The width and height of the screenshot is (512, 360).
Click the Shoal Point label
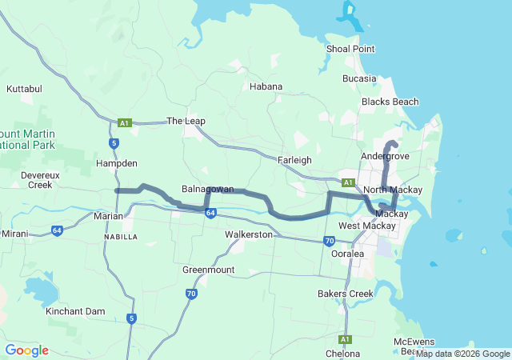350,49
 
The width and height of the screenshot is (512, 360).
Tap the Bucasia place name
358,78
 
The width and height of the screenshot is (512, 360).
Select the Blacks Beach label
390,102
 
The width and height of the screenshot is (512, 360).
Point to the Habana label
266,86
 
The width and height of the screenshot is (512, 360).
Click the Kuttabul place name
24,88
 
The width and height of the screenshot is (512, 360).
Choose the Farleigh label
294,160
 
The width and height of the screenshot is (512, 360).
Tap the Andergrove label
385,156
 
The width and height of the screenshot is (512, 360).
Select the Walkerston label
249,235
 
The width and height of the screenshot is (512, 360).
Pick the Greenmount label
208,270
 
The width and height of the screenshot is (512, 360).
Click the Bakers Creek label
346,294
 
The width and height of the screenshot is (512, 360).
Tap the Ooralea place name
348,254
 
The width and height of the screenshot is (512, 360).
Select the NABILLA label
121,238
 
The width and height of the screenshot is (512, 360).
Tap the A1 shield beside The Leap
124,123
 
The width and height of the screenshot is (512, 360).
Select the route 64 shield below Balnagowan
210,213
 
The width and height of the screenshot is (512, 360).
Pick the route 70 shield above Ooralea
329,241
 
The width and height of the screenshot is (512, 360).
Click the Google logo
26,350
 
